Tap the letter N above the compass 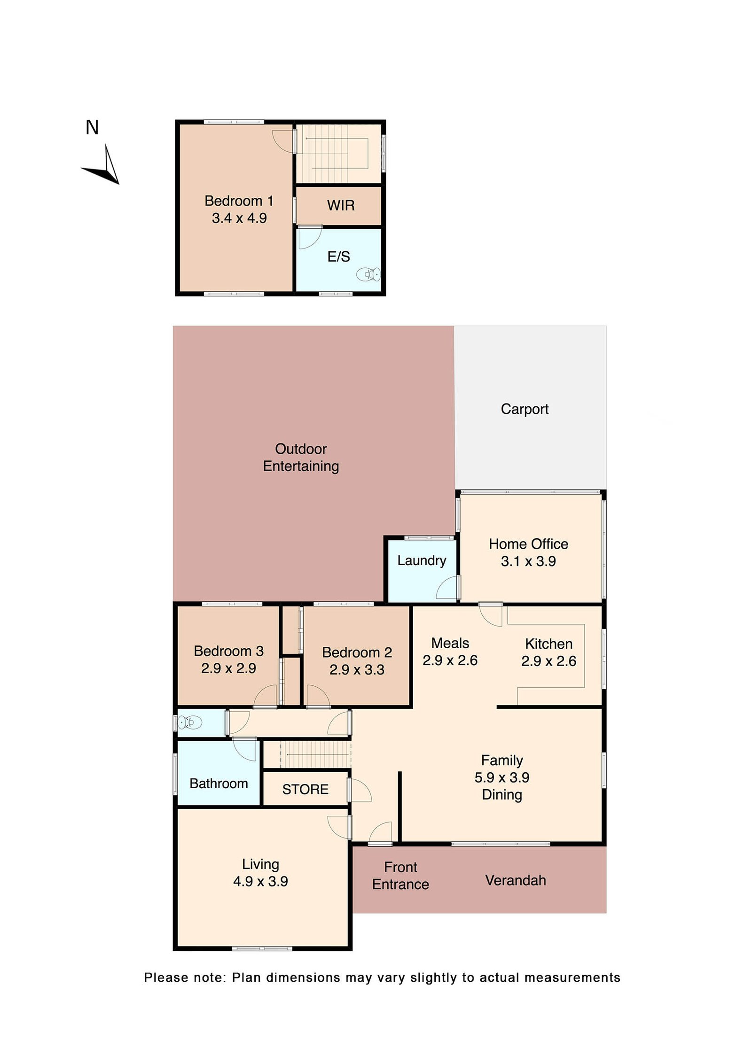click(92, 128)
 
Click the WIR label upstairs click(341, 205)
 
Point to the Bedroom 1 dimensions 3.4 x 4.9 click(239, 218)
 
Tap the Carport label click(525, 409)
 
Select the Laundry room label click(422, 560)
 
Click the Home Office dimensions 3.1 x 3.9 click(528, 561)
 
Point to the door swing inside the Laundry click(447, 588)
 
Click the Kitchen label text click(548, 644)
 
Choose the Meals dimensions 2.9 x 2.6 click(450, 660)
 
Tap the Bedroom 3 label click(228, 651)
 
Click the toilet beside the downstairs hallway click(190, 722)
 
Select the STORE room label click(305, 789)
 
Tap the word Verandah click(516, 880)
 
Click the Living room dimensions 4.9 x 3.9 click(260, 881)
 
